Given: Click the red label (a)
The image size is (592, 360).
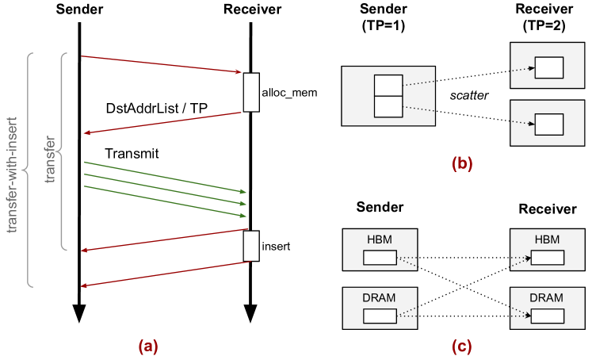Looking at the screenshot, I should coord(148,347).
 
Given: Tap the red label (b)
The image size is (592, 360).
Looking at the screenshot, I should coord(462,164).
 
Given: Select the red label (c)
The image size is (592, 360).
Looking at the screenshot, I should coord(462,347).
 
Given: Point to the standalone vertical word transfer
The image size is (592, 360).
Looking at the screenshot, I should coord(51,159).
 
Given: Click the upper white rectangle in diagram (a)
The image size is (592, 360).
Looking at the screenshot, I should coord(251,92).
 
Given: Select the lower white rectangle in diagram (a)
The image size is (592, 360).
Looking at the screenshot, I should coord(251,246).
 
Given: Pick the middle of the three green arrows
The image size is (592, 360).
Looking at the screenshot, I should coord(165,189).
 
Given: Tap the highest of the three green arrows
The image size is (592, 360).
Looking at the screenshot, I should coord(165,177).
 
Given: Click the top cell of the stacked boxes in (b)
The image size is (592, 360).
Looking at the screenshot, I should coord(388,85).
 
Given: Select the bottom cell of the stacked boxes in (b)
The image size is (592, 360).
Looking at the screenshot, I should coord(388,106).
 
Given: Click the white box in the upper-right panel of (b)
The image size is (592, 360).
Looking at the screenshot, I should coord(548,67).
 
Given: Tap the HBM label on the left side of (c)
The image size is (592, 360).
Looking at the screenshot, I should coord(380,239).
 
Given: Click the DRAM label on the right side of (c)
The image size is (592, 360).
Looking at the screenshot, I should coord(547,298).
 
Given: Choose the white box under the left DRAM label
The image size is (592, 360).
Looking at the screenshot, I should coord(380,316).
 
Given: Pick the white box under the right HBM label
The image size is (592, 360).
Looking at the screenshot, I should coord(547,257).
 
